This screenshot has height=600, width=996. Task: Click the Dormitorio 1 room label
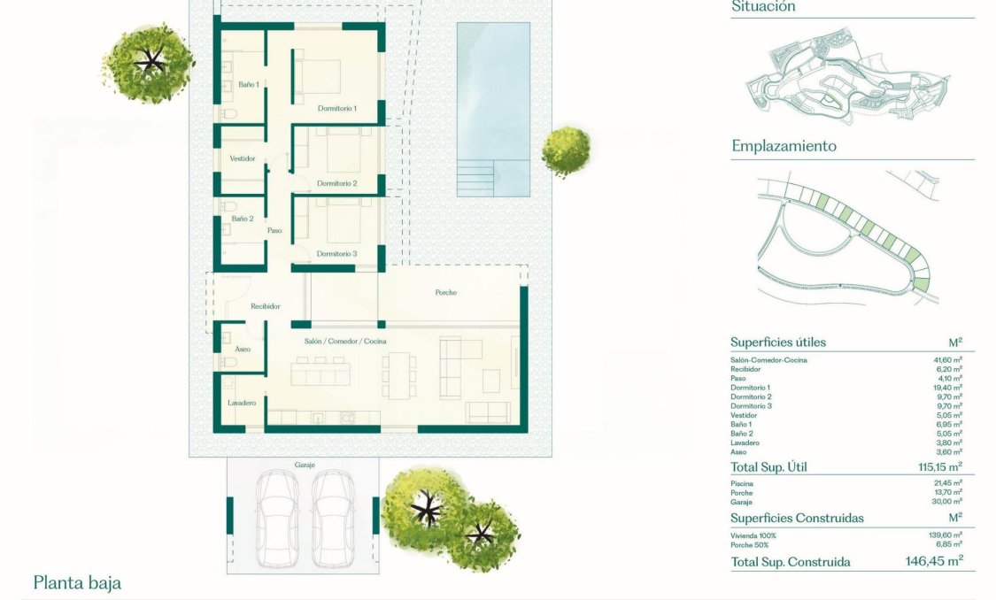tap(336, 108)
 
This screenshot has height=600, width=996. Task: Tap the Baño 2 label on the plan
tap(243, 219)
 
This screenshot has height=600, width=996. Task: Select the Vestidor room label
tap(243, 158)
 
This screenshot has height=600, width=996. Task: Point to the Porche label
tap(446, 292)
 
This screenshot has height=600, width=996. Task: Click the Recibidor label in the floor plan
tap(266, 306)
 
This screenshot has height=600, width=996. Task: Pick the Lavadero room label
tap(242, 403)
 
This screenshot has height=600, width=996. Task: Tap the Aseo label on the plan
tap(243, 349)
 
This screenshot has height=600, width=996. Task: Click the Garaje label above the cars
tap(305, 465)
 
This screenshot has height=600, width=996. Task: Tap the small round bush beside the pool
tap(565, 151)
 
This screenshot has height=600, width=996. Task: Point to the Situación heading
tap(763, 7)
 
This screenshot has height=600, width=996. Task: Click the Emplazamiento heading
tap(784, 146)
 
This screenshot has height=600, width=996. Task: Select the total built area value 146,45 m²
tap(933, 561)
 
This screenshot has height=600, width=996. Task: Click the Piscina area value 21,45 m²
tap(946, 484)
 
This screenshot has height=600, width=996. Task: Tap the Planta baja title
tap(77, 582)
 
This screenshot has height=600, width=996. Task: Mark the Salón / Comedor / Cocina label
tap(345, 341)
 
